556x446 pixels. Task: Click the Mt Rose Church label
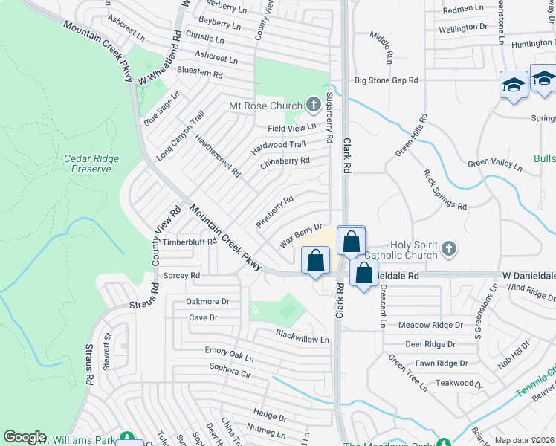[265, 106]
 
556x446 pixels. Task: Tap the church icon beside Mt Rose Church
[313, 105]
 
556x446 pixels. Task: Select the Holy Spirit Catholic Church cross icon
[448, 248]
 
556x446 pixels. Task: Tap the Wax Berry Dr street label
[300, 236]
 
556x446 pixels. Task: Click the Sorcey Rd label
[182, 275]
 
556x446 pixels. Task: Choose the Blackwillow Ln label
[303, 339]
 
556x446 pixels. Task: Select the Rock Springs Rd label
[445, 190]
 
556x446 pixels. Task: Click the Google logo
[25, 437]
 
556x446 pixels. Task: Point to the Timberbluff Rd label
[190, 242]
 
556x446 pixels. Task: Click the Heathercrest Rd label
[217, 155]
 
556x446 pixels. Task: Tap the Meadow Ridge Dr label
[430, 325]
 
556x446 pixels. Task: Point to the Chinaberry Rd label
[285, 161]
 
